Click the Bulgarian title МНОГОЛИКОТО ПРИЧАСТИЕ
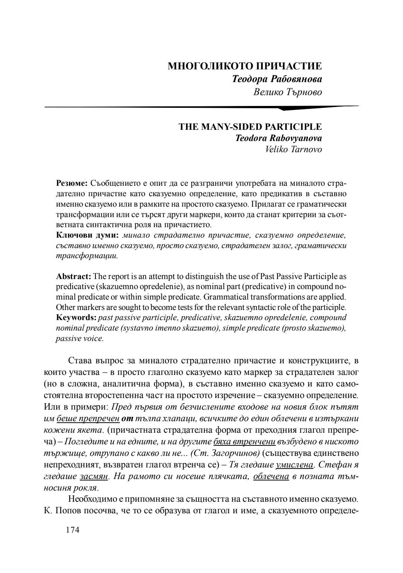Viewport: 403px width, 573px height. coord(245,66)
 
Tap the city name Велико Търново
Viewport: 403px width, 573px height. coord(287,91)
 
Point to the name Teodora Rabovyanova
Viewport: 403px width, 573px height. coord(278,138)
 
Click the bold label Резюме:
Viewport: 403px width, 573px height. coord(72,184)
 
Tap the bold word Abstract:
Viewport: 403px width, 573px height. coord(74,276)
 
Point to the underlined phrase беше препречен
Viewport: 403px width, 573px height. coord(88,418)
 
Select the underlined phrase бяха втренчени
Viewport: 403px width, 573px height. coord(244,442)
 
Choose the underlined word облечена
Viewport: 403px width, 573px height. coord(271,476)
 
